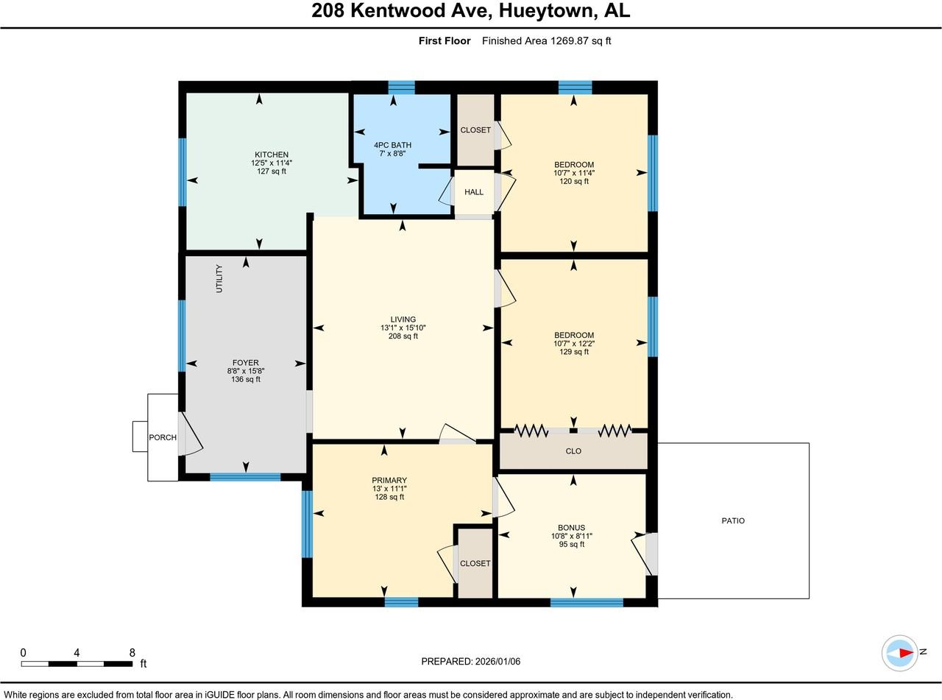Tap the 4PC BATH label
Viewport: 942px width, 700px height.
click(392, 145)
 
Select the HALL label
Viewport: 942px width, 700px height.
click(474, 192)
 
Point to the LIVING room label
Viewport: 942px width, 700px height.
click(403, 319)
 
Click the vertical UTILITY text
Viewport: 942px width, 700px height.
click(219, 279)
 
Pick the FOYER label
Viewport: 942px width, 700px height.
click(245, 363)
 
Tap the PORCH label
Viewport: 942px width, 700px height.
click(163, 437)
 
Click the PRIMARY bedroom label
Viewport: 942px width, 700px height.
click(389, 481)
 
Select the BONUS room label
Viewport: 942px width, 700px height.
click(571, 528)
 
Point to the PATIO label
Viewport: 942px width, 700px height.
click(733, 520)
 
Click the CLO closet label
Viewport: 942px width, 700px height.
click(573, 451)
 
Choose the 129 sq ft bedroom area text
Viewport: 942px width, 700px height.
click(574, 352)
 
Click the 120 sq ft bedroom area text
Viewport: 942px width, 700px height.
click(574, 181)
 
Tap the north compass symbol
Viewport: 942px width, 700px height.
click(901, 652)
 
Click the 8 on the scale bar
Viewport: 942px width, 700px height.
click(132, 652)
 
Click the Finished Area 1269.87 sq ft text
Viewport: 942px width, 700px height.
click(546, 41)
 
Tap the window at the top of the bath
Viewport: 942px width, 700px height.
click(401, 88)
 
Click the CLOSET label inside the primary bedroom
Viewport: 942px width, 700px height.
click(475, 563)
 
